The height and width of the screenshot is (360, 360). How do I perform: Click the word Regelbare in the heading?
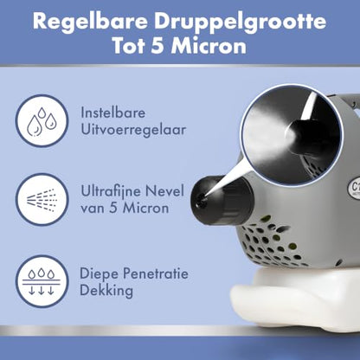(x=90, y=21)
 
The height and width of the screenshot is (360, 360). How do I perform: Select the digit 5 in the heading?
(x=157, y=46)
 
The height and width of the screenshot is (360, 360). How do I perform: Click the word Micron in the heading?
(x=209, y=46)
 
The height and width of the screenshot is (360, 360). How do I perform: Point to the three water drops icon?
(x=42, y=121)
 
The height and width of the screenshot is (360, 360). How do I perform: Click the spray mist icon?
(x=42, y=200)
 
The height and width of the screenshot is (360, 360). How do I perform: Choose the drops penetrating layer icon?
(x=42, y=281)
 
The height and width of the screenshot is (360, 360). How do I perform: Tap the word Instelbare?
(x=112, y=112)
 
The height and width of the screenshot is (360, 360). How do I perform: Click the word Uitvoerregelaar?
(x=133, y=130)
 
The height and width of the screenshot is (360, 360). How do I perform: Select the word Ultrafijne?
(x=111, y=192)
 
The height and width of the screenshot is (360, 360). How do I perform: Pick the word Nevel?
(x=164, y=191)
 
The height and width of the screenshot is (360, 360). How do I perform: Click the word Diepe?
(x=98, y=274)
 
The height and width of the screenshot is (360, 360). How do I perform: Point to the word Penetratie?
(x=154, y=273)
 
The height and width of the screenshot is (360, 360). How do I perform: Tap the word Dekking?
(x=106, y=291)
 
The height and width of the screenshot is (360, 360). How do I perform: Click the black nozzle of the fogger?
(x=221, y=200)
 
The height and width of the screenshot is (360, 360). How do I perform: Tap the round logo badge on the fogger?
(x=354, y=188)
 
